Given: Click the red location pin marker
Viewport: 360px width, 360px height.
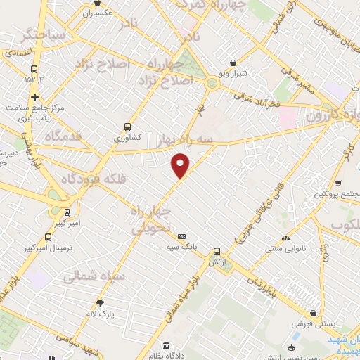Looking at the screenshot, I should pyautogui.click(x=181, y=166).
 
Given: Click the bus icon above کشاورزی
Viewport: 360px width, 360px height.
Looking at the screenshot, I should pyautogui.click(x=127, y=127).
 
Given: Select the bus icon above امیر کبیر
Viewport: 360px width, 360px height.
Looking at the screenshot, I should pyautogui.click(x=67, y=212).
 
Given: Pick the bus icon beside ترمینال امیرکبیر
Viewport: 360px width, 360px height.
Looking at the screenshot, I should pyautogui.click(x=48, y=238).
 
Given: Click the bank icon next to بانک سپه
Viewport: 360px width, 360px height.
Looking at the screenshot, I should pyautogui.click(x=181, y=236).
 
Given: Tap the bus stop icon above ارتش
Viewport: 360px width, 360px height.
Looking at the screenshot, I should pyautogui.click(x=217, y=250).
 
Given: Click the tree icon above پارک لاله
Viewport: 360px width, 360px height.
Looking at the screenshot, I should pyautogui.click(x=100, y=303).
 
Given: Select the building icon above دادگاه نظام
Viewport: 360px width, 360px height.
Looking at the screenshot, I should pyautogui.click(x=166, y=345).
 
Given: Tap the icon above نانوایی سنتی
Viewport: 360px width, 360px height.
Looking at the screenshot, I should pyautogui.click(x=285, y=237).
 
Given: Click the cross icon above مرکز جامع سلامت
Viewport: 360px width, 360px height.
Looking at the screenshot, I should pyautogui.click(x=34, y=97).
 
